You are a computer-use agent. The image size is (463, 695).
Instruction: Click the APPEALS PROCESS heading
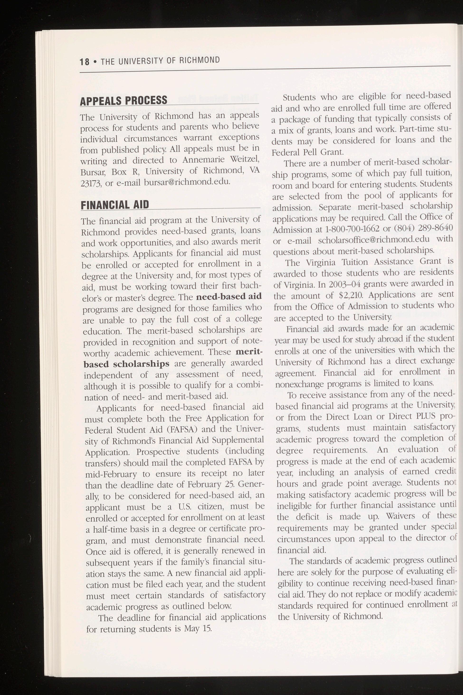[124, 100]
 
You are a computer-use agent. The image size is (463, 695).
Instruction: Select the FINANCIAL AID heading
[115, 204]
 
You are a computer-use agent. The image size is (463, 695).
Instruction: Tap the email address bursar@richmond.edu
[187, 181]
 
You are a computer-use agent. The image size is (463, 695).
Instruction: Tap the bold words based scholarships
[126, 364]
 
